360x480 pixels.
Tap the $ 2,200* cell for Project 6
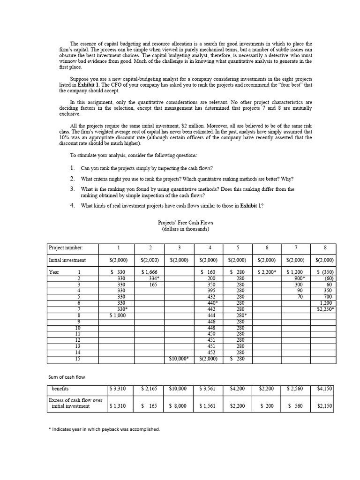point(266,272)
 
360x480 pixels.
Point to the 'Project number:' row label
point(66,247)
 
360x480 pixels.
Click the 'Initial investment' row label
point(67,260)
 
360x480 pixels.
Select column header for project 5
point(237,247)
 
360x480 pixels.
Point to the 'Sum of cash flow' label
point(67,377)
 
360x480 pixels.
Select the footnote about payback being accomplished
point(104,429)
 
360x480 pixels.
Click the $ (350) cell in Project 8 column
point(324,272)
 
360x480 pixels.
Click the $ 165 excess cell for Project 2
point(149,406)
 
